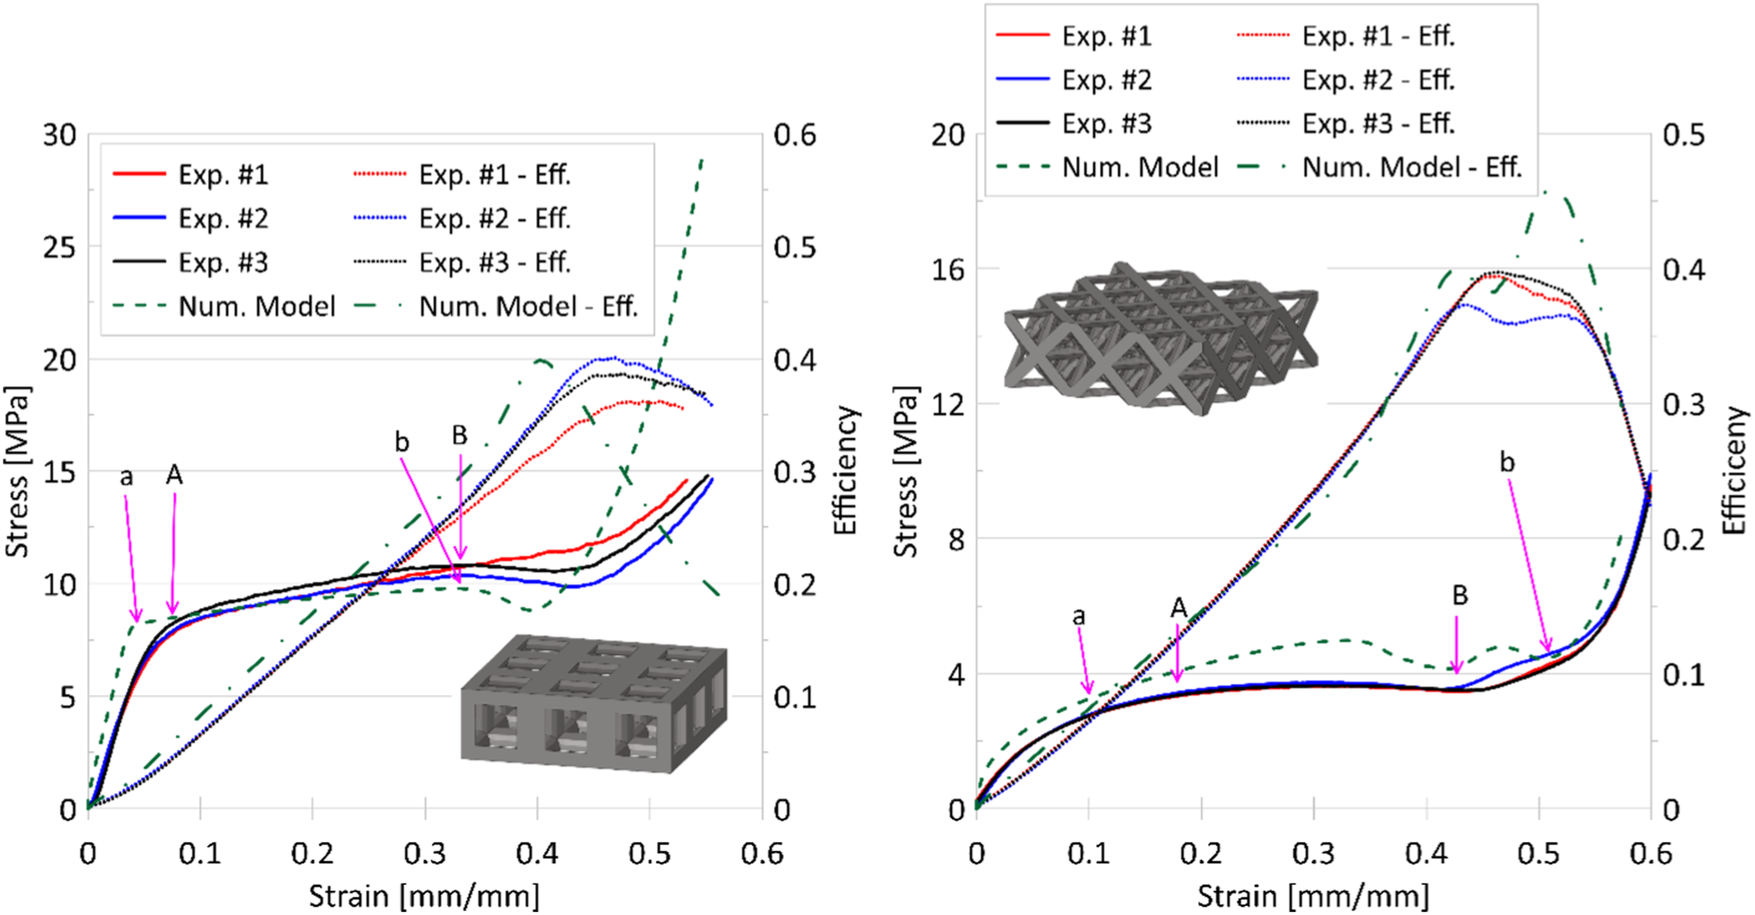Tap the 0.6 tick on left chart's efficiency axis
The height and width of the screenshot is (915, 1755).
pos(794,135)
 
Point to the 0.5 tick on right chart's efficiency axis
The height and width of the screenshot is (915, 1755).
pos(1683,135)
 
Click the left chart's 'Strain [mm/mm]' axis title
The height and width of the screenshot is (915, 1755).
pos(424,895)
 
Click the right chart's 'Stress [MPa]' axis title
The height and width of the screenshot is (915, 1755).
pos(906,472)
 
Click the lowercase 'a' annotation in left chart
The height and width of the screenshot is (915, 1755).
pos(126,477)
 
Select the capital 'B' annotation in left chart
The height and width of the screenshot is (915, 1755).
pos(460,435)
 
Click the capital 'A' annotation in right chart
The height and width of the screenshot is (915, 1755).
pos(1179,607)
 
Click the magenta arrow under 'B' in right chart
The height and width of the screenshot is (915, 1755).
pos(1456,644)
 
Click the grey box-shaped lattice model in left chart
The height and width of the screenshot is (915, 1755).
pos(593,704)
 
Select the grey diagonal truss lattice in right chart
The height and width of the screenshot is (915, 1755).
pos(1160,338)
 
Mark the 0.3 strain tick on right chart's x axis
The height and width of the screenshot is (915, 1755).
pos(1314,854)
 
